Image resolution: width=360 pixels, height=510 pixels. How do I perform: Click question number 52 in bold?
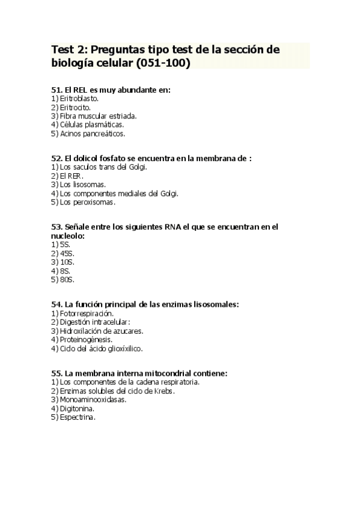point(57,158)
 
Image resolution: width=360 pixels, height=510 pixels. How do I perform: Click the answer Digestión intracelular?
point(90,322)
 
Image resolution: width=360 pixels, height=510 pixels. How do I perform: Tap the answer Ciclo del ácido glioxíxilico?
point(100,348)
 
